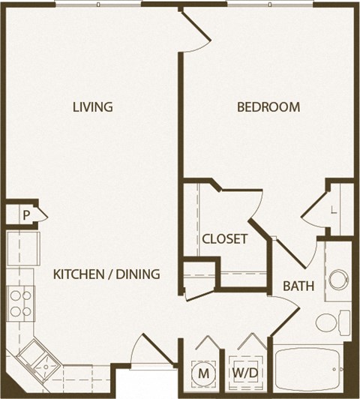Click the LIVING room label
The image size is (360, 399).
tap(92, 106)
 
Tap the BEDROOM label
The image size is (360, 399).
tap(268, 106)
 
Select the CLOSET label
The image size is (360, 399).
tap(224, 239)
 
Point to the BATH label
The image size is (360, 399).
tap(297, 286)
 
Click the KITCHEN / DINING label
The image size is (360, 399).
tap(106, 274)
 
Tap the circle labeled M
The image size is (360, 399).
tap(203, 372)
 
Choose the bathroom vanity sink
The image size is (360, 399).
tap(337, 280)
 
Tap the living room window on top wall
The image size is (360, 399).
tap(97, 4)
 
